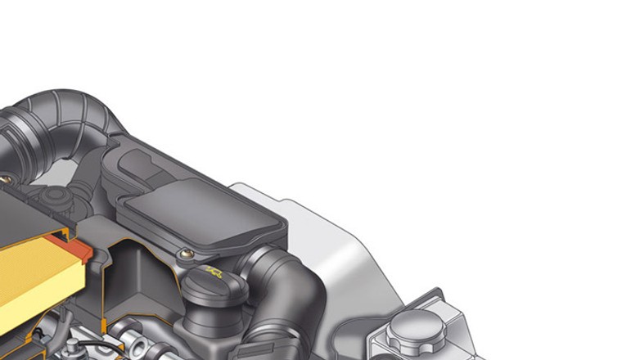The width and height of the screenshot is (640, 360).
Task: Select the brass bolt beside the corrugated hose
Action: point(6,177)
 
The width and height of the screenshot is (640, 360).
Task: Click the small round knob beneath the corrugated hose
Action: point(55,199)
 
